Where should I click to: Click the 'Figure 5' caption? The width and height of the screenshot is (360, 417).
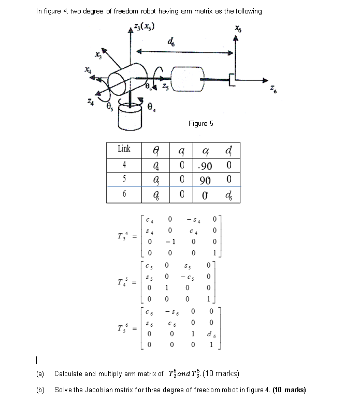[x=201, y=123]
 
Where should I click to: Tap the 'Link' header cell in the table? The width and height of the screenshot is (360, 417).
[x=124, y=149]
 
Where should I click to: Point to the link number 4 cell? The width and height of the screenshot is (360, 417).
[x=124, y=165]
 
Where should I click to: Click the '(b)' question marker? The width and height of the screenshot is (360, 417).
[x=40, y=390]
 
